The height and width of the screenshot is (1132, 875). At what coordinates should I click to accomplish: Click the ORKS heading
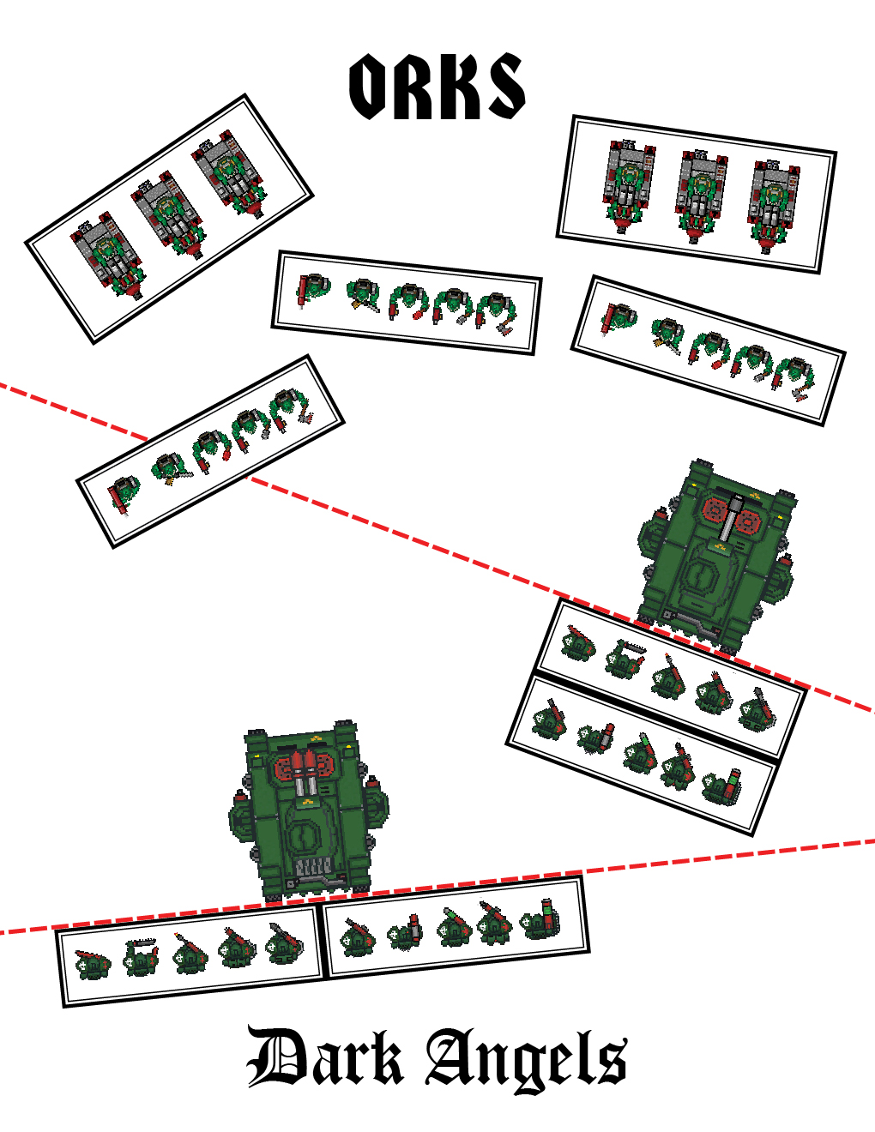point(437,87)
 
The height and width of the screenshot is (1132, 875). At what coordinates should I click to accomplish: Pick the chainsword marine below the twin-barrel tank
point(140,956)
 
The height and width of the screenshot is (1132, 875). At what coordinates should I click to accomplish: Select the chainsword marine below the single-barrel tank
point(624,658)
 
